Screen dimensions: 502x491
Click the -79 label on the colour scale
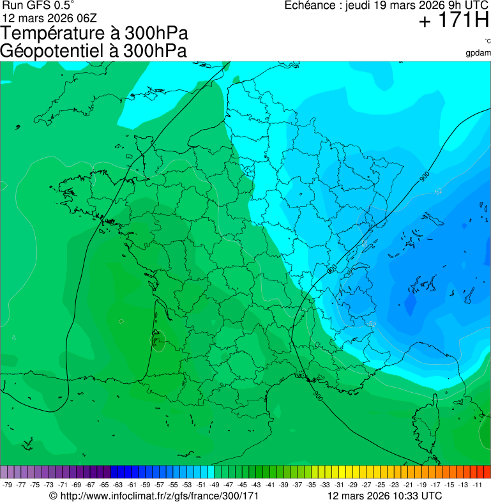(8, 485)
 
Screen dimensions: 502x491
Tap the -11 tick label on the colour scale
(478, 485)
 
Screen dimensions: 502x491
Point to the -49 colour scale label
(215, 485)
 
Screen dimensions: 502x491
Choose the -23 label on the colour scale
(395, 485)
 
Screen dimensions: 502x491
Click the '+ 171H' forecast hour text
(453, 21)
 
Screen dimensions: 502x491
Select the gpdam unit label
(478, 52)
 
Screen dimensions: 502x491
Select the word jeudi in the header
(359, 5)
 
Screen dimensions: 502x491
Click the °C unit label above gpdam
(487, 42)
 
